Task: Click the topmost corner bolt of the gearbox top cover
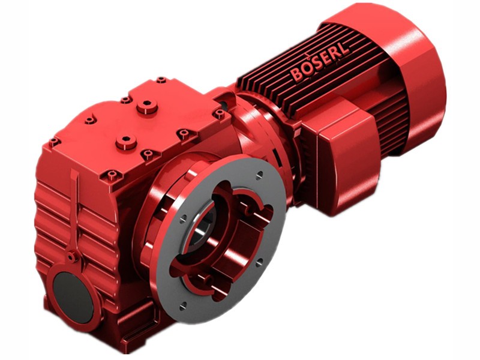(x=161, y=80)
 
